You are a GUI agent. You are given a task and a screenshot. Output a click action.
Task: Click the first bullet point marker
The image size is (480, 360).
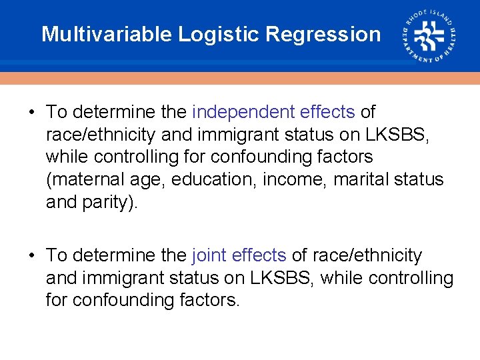coord(32,113)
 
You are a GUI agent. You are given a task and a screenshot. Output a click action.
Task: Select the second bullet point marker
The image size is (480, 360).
coord(32,256)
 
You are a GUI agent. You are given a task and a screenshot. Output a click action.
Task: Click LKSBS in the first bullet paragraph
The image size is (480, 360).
coord(398,135)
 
